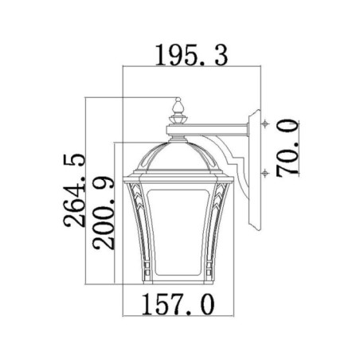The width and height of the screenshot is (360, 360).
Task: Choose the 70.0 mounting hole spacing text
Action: (287, 147)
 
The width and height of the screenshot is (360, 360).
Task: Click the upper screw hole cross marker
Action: (266, 124)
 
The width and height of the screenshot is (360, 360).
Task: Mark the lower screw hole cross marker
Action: (266, 172)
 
